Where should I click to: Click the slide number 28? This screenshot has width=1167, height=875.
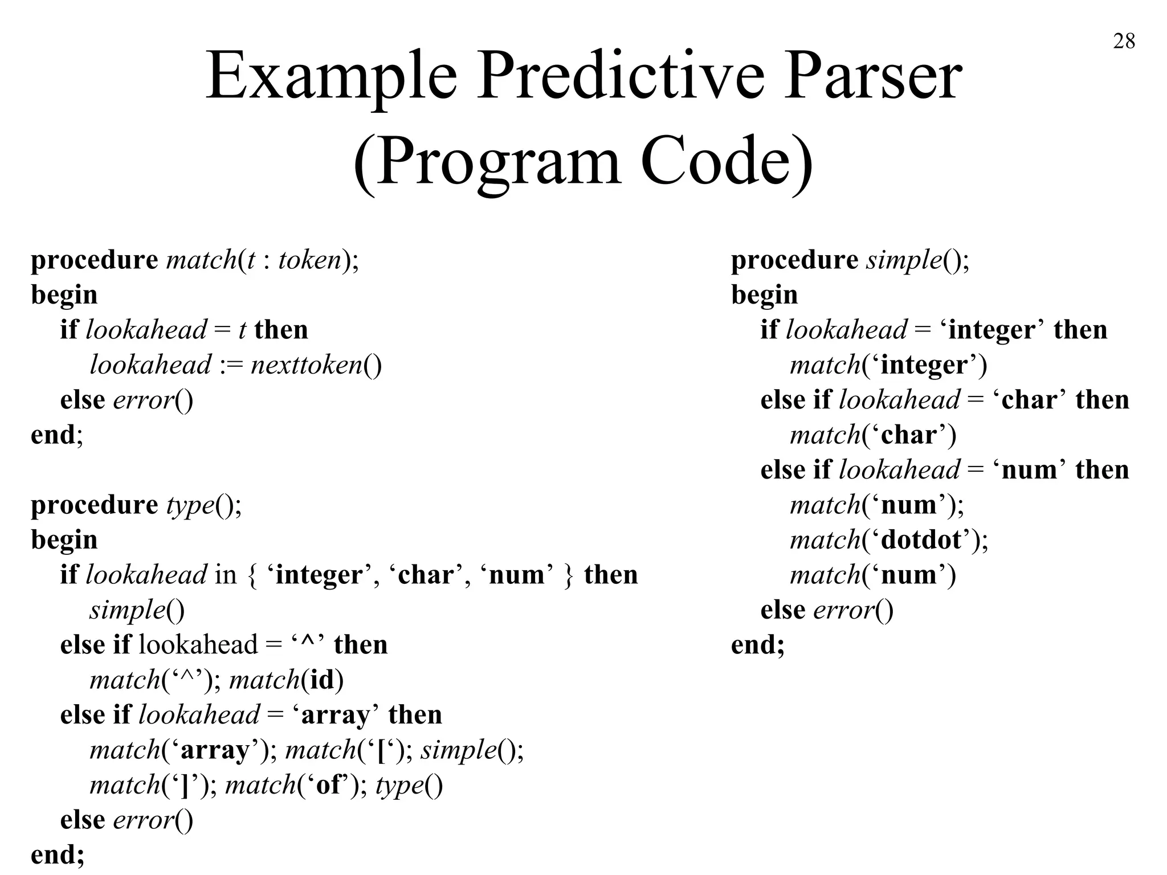(x=1124, y=42)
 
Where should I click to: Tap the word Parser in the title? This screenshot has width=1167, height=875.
(x=873, y=77)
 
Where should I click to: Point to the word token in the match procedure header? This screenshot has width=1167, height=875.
(x=309, y=260)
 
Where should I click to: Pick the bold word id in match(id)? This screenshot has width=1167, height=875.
(x=322, y=680)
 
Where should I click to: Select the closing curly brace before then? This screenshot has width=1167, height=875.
(x=568, y=575)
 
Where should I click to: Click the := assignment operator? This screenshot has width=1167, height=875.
(x=231, y=365)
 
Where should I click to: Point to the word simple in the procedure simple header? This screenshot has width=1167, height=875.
(x=904, y=260)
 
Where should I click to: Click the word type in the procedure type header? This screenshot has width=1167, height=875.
(x=190, y=505)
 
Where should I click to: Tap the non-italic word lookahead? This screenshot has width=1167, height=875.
(x=198, y=645)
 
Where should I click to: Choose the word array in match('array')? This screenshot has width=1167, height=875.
(x=215, y=750)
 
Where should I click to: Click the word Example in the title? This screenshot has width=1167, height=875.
(x=331, y=77)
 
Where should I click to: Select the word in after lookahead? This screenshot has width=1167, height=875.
(x=225, y=575)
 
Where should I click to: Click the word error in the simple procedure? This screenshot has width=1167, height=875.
(x=843, y=610)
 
